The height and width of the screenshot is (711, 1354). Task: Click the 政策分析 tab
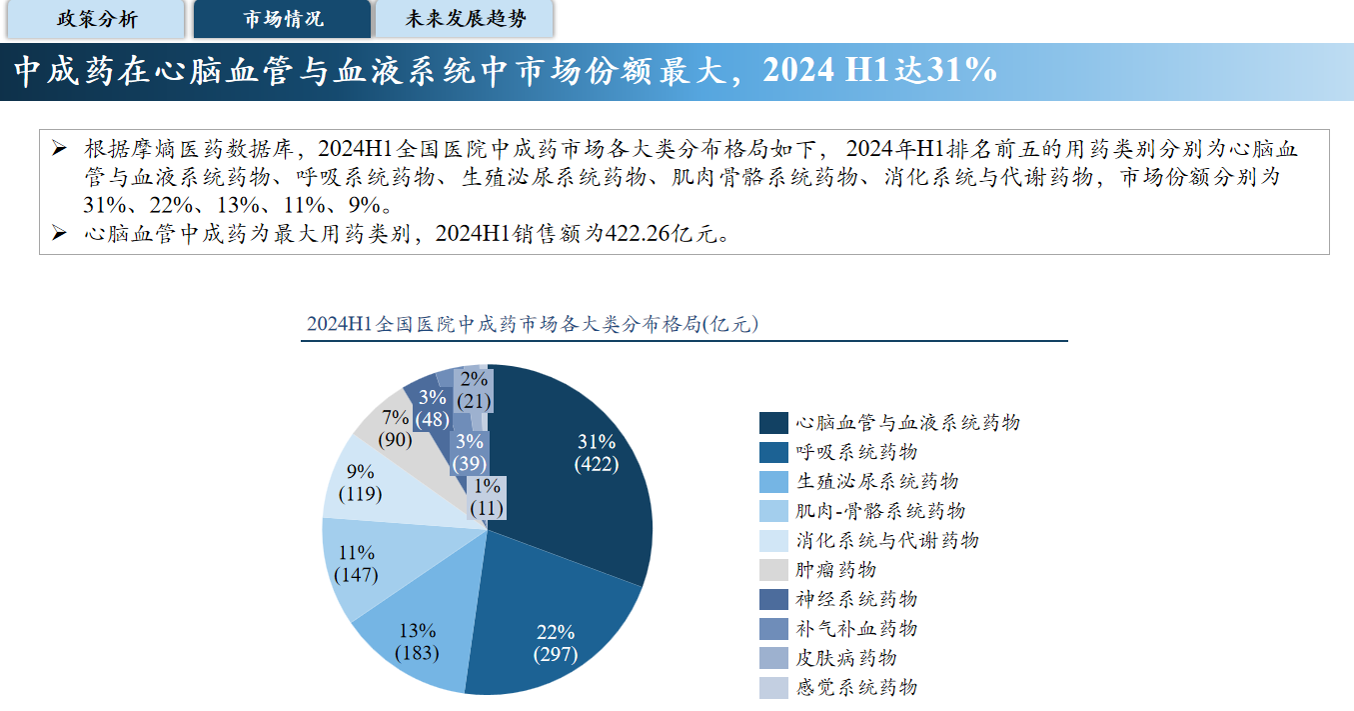pos(97,19)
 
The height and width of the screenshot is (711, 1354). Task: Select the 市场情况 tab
pos(283,19)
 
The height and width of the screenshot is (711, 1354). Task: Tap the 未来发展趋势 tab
pos(466,19)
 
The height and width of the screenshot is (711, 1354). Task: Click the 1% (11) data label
pos(488,497)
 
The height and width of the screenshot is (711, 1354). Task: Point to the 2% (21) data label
pos(474,390)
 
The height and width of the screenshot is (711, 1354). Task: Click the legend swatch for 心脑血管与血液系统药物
pos(772,423)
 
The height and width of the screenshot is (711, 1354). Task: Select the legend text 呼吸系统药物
pos(856,452)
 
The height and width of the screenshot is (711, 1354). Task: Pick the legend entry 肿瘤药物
pos(835,570)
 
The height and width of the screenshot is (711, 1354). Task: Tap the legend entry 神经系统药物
pos(856,599)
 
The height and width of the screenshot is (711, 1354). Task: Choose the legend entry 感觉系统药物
pos(856,687)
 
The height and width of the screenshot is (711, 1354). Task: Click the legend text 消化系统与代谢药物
pos(887,540)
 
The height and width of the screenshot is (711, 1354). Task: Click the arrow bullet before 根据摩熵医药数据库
pos(59,149)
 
